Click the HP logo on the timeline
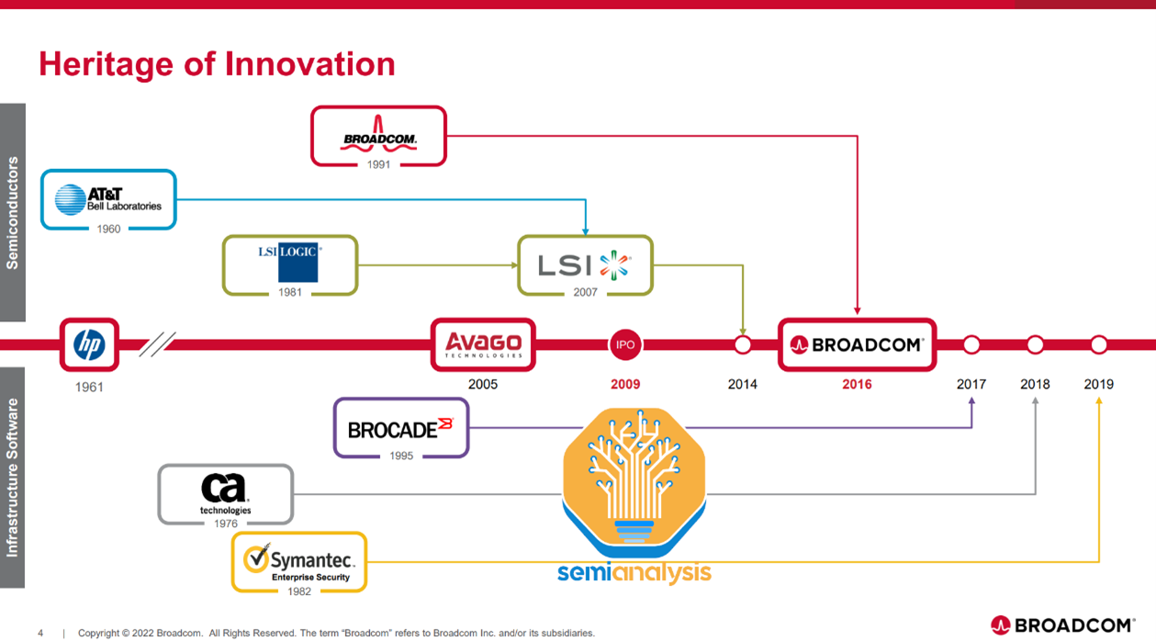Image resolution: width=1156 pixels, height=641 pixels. tap(89, 345)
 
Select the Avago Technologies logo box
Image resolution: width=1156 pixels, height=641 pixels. tap(483, 345)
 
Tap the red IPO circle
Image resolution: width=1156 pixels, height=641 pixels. tap(625, 345)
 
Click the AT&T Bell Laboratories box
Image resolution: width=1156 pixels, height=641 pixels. tap(108, 199)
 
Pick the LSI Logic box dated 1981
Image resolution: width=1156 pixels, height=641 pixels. tap(290, 264)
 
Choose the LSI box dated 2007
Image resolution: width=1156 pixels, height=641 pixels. tap(585, 264)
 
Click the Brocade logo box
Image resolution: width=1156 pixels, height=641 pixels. tap(401, 427)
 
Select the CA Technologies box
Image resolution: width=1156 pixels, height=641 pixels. tap(226, 494)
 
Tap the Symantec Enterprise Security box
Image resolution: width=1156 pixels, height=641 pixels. tap(299, 561)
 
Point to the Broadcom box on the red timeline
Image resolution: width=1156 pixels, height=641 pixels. tap(857, 345)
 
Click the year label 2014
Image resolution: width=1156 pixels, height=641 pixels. tap(742, 384)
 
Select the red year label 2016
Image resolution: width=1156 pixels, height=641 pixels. tap(857, 384)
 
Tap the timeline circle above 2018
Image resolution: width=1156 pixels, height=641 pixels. tap(1035, 345)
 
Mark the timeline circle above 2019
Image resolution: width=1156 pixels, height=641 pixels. tap(1098, 345)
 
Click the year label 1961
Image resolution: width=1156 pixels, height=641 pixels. tap(89, 387)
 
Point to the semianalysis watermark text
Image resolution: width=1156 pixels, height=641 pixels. tap(634, 573)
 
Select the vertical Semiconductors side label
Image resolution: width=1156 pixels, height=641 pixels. tap(12, 212)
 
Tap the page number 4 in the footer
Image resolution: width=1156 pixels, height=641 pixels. tap(40, 633)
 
